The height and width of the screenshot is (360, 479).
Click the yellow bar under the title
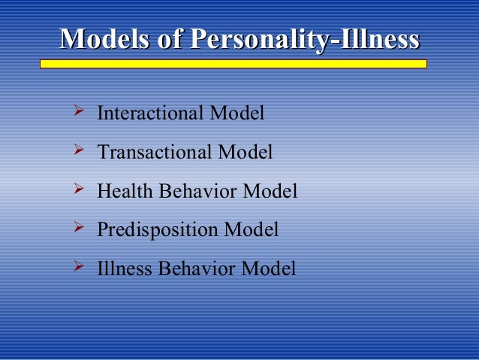(233, 65)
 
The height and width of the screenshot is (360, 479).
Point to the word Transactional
(155, 153)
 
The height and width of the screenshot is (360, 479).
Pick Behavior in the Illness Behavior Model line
(199, 268)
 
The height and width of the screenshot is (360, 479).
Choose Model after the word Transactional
(246, 153)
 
